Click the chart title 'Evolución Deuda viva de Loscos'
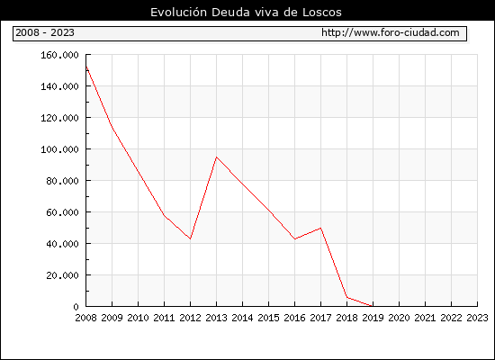click(x=246, y=13)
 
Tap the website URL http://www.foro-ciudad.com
click(x=391, y=32)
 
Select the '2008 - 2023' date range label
click(x=45, y=32)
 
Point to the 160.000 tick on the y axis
click(x=59, y=55)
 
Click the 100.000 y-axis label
click(x=59, y=149)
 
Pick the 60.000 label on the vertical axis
click(x=62, y=212)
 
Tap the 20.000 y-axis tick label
click(x=62, y=275)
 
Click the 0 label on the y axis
click(x=76, y=307)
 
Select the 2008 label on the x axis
click(x=85, y=318)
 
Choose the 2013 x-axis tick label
click(x=216, y=318)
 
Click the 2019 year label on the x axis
click(x=373, y=318)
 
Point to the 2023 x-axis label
click(x=477, y=318)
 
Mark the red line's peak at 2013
click(x=216, y=157)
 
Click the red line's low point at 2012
click(x=191, y=238)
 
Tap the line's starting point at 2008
click(x=86, y=66)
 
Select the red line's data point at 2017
click(x=320, y=228)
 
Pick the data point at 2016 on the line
click(x=294, y=239)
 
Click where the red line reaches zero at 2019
click(x=373, y=306)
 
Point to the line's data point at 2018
click(x=346, y=297)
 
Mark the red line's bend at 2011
click(x=164, y=215)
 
